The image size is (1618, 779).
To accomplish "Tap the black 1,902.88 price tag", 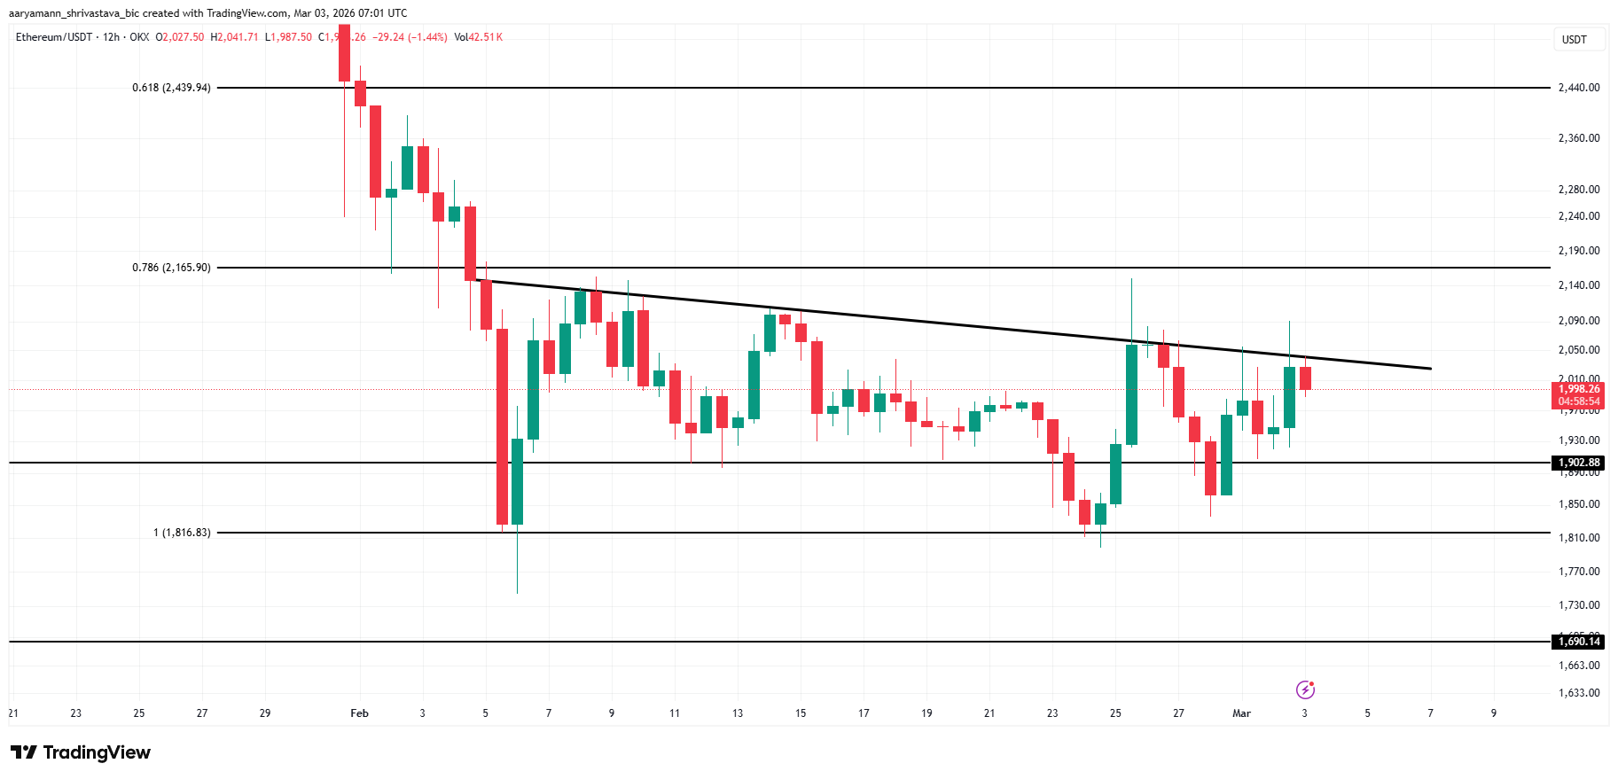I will pyautogui.click(x=1579, y=463).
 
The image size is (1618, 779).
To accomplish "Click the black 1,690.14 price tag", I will pyautogui.click(x=1579, y=642).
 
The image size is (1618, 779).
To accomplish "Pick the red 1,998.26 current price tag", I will pyautogui.click(x=1579, y=389).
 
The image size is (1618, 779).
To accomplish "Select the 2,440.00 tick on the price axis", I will pyautogui.click(x=1579, y=88).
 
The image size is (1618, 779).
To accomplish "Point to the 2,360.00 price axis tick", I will pyautogui.click(x=1579, y=138).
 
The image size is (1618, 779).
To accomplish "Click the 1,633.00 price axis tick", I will pyautogui.click(x=1579, y=693).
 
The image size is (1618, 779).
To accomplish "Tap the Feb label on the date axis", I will pyautogui.click(x=359, y=713).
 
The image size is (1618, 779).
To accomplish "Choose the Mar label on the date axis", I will pyautogui.click(x=1241, y=713).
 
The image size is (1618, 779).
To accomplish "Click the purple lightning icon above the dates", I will pyautogui.click(x=1305, y=689).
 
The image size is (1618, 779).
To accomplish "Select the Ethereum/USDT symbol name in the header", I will pyautogui.click(x=54, y=37).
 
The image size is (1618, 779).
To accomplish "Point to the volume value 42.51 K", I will pyautogui.click(x=485, y=37).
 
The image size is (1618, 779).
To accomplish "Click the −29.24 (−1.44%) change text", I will pyautogui.click(x=410, y=37).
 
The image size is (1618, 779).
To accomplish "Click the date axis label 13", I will pyautogui.click(x=738, y=713).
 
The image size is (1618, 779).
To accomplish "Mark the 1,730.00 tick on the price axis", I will pyautogui.click(x=1579, y=605).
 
